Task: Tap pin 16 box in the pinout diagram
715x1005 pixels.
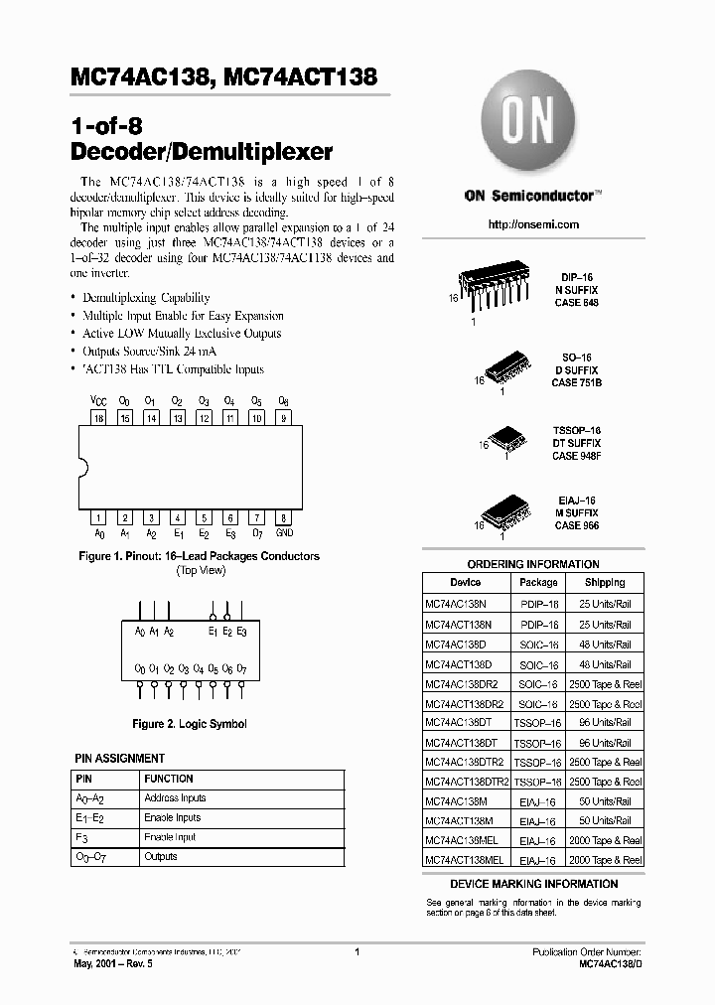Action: click(x=98, y=419)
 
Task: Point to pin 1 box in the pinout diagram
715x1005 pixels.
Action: click(x=98, y=517)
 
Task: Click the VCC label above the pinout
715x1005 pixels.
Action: click(x=98, y=401)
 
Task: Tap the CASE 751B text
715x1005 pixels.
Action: click(x=577, y=382)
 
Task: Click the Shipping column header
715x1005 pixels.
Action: click(x=605, y=583)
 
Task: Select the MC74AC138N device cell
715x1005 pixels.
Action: click(x=458, y=604)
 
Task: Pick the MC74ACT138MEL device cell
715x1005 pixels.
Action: click(x=465, y=859)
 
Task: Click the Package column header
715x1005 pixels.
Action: click(x=538, y=583)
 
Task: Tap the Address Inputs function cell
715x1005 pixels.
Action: click(x=175, y=798)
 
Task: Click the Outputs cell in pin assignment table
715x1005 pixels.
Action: click(x=161, y=856)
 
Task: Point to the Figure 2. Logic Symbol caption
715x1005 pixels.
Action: click(x=189, y=724)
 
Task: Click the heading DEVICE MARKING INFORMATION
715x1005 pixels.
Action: click(x=533, y=884)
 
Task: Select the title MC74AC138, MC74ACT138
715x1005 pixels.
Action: click(x=224, y=76)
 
